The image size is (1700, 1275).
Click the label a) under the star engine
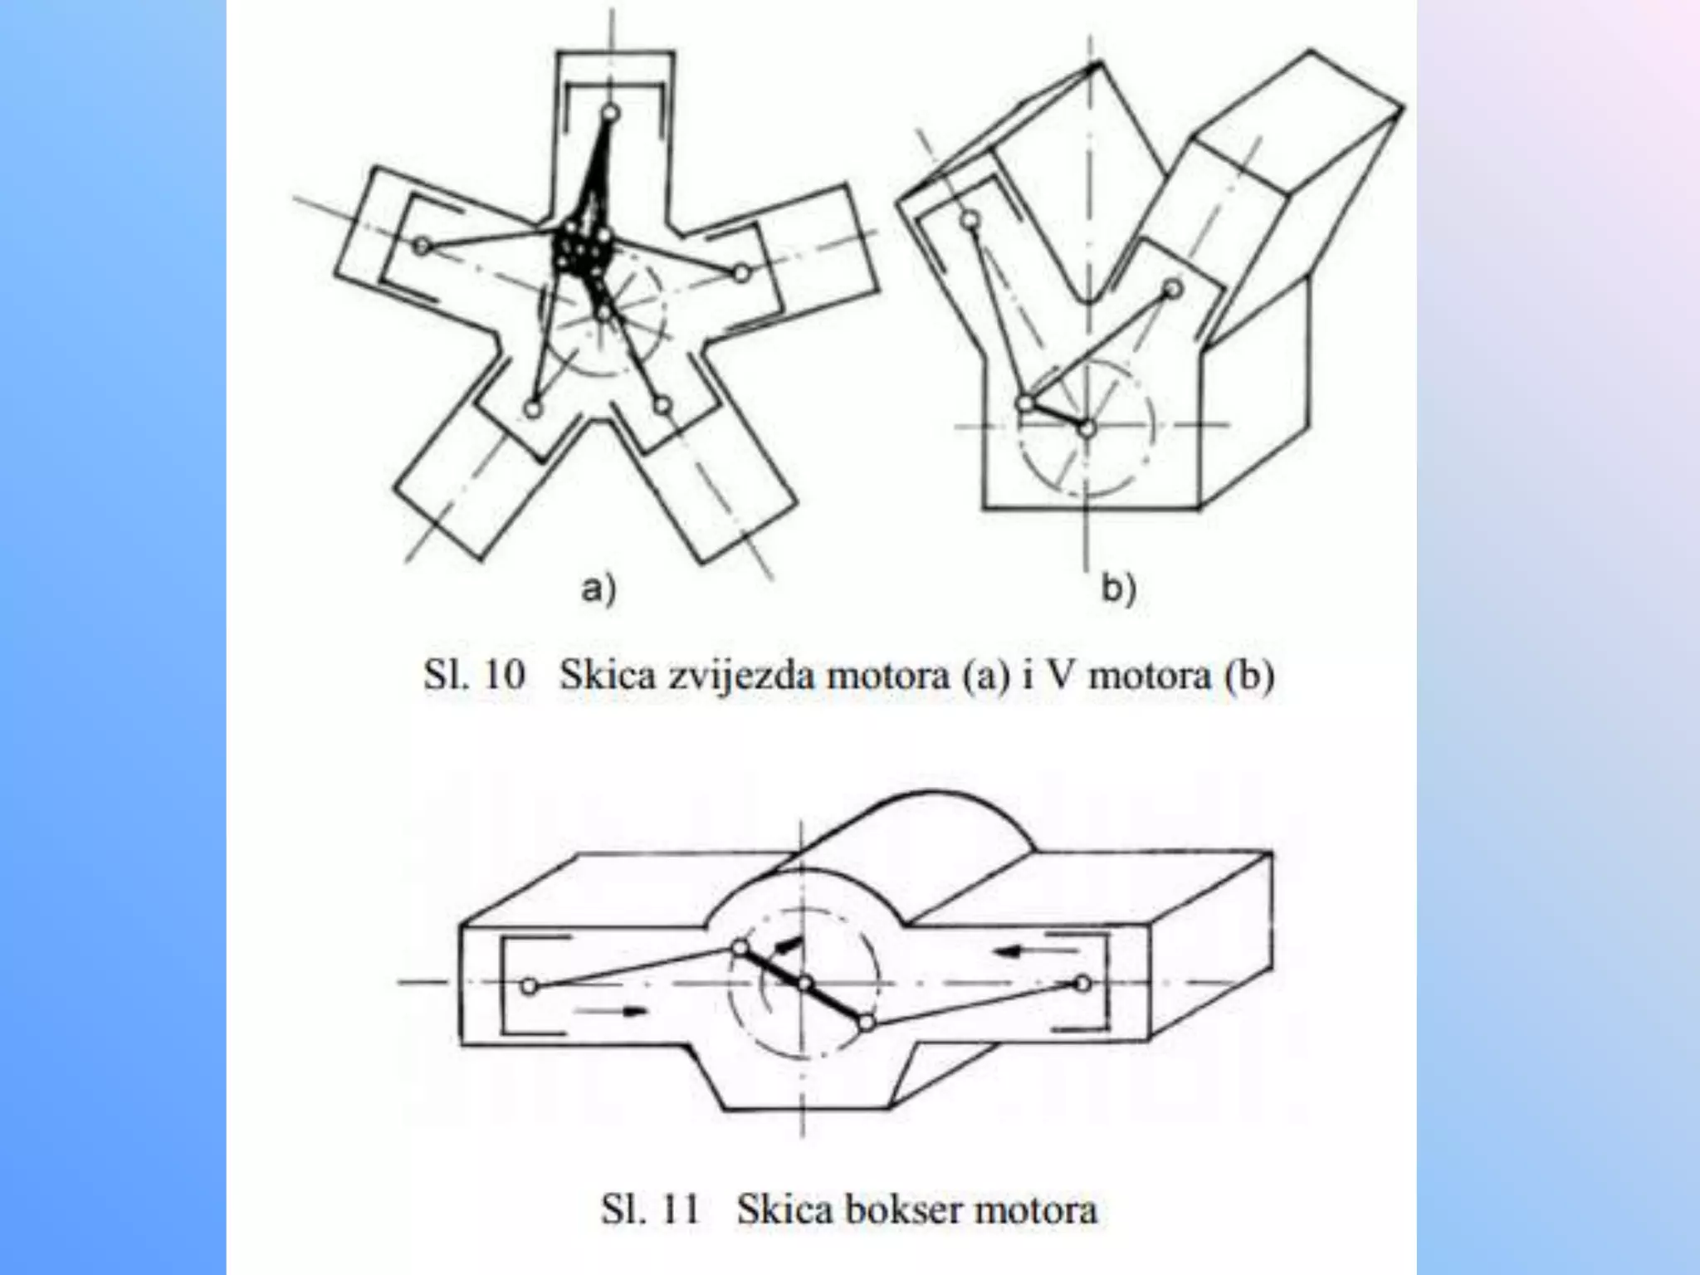(x=598, y=589)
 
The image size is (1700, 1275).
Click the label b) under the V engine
(x=1118, y=589)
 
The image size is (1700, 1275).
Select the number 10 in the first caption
(x=504, y=675)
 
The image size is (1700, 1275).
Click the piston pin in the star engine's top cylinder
(x=611, y=112)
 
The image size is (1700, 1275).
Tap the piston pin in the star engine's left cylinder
(x=423, y=246)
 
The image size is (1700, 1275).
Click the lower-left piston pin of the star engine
(x=534, y=408)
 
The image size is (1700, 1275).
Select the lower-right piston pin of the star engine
(x=662, y=406)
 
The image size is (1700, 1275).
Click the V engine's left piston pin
(x=970, y=220)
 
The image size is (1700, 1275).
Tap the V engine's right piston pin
(x=1172, y=289)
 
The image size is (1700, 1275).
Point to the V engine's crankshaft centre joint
(x=1087, y=428)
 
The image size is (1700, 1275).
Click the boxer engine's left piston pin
(x=530, y=986)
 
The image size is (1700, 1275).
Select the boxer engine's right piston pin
(x=1082, y=984)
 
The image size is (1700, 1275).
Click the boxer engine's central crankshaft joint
(x=804, y=984)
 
